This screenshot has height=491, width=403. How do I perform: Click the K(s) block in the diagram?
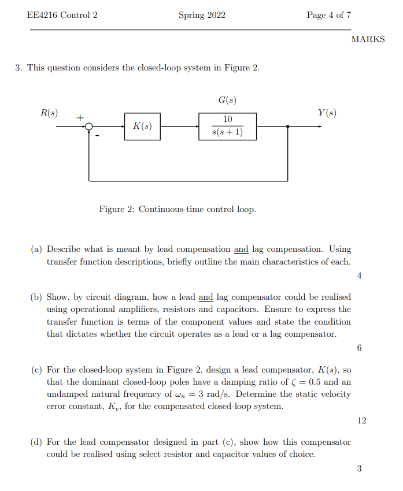pos(142,127)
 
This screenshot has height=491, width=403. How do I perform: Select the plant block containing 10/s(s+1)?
pos(227,127)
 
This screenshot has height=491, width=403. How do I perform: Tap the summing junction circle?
pos(89,127)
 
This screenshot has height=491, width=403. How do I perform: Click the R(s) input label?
pos(49,113)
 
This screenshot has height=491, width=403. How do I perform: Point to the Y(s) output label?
pos(327,113)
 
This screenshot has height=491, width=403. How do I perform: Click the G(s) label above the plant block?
pos(227,101)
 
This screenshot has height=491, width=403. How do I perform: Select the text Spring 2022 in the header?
pos(202,15)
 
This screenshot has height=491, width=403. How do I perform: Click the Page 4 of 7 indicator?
pos(328,15)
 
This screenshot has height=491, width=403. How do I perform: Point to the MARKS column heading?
pos(368,39)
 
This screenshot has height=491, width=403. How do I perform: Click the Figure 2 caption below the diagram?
pos(177,209)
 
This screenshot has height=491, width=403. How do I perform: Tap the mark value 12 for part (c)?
pos(361,421)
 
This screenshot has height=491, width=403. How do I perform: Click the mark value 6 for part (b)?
pos(359,348)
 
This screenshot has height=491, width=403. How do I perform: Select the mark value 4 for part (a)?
pos(359,276)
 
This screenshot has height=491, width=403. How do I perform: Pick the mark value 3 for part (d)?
pos(359,468)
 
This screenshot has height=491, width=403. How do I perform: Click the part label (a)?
pos(36,250)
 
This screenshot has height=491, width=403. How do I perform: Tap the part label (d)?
pos(36,442)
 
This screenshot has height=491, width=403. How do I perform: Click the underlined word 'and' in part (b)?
pos(206,297)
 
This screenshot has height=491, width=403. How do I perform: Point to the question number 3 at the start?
pos(19,68)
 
